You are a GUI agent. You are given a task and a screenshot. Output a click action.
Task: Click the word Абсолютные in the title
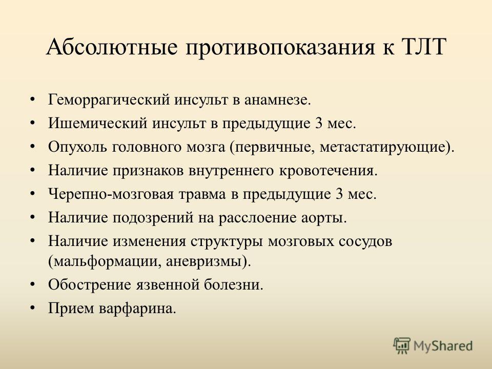112,47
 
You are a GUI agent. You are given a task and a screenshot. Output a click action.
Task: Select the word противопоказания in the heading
280,48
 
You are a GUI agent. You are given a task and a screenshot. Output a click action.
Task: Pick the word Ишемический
97,124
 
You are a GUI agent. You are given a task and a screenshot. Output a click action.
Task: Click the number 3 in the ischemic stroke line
318,124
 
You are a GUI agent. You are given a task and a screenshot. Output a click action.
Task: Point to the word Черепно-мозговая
111,194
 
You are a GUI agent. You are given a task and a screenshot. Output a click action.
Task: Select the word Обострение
90,285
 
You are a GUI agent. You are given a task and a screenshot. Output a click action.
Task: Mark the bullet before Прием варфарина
32,309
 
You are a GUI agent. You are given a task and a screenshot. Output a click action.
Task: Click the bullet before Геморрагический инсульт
32,100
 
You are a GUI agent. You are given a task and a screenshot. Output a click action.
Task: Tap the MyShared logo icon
402,345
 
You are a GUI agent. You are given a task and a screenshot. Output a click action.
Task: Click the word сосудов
365,241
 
